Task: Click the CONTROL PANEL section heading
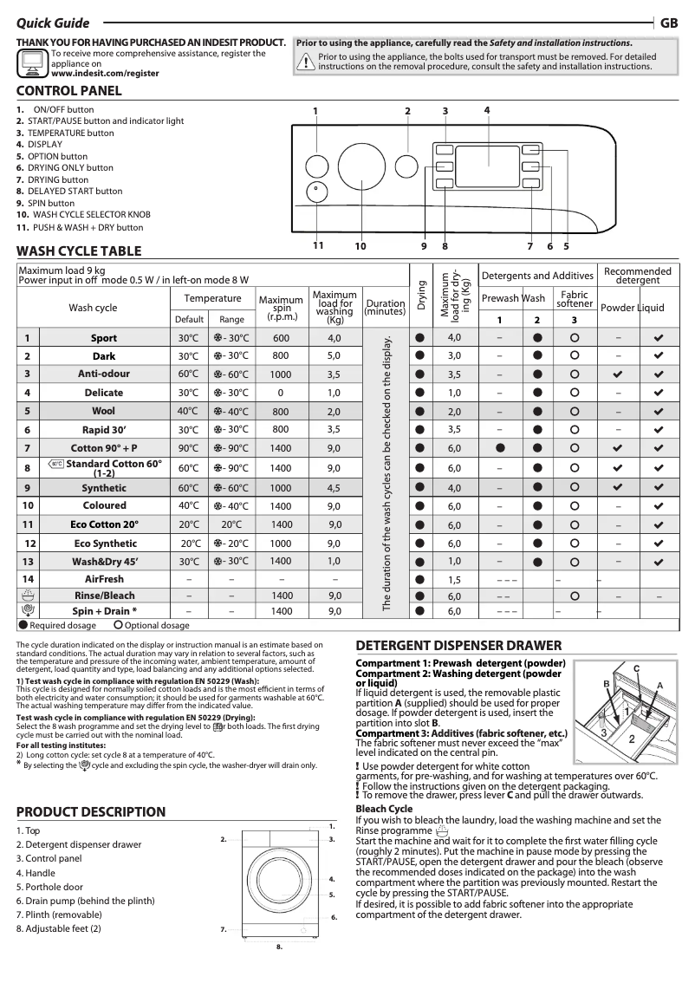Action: click(69, 91)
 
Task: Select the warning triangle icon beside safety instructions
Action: click(306, 61)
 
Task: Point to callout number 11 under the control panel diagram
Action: click(318, 245)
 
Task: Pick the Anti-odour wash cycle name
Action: click(103, 374)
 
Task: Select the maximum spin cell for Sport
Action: click(281, 337)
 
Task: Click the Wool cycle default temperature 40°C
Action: click(189, 412)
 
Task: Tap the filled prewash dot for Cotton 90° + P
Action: click(501, 448)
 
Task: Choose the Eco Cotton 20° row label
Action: click(104, 524)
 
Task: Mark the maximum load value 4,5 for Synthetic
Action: click(334, 488)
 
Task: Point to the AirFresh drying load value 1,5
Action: click(454, 579)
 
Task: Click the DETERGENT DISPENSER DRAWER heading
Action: click(458, 645)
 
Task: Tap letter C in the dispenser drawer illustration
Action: click(636, 667)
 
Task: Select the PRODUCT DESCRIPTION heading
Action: click(91, 811)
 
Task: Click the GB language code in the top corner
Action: click(668, 23)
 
